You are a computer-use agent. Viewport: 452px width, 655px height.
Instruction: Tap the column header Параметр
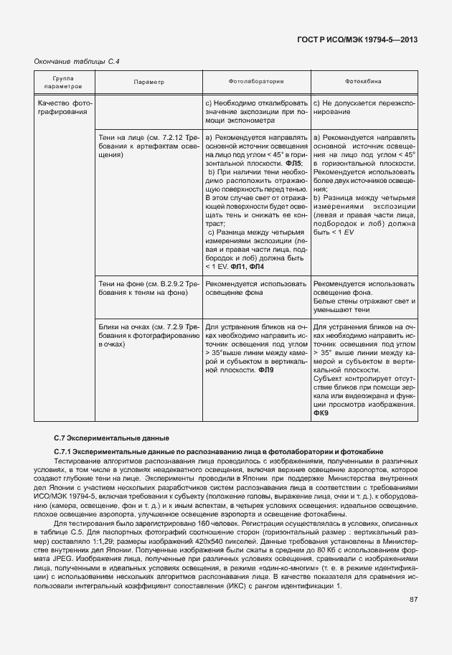[149, 82]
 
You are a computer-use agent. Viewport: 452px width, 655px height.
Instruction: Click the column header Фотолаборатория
[256, 82]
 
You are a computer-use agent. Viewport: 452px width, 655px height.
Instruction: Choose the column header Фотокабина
[363, 82]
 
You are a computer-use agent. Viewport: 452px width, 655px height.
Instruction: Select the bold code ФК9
[321, 413]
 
